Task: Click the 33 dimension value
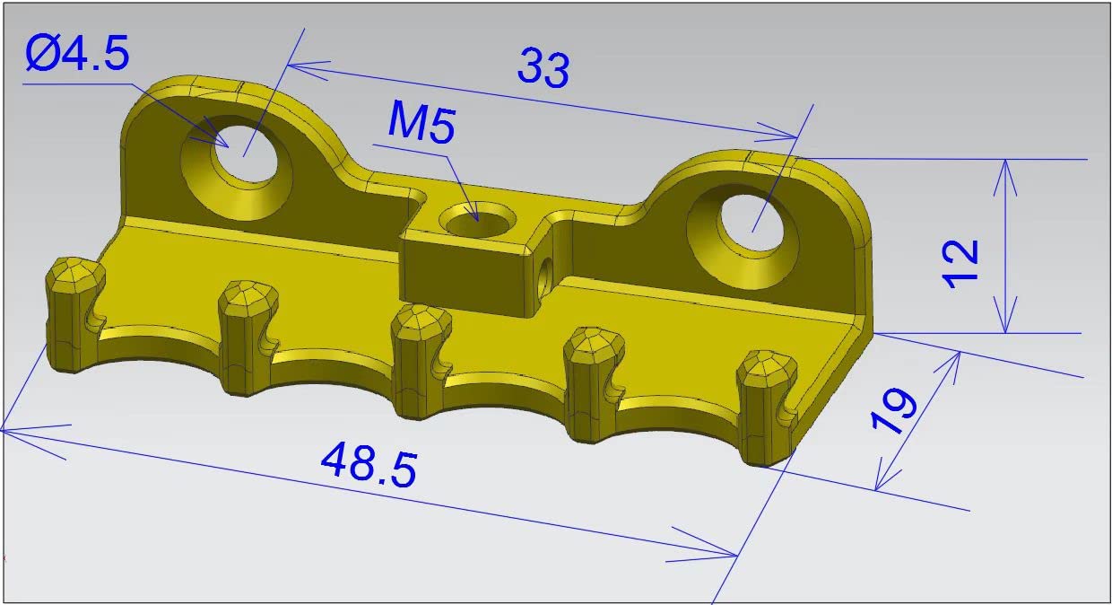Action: (x=543, y=68)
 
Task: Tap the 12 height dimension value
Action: (x=962, y=262)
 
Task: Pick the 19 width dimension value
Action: (x=894, y=411)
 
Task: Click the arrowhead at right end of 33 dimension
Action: (x=789, y=136)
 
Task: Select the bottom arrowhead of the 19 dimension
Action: (x=880, y=483)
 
